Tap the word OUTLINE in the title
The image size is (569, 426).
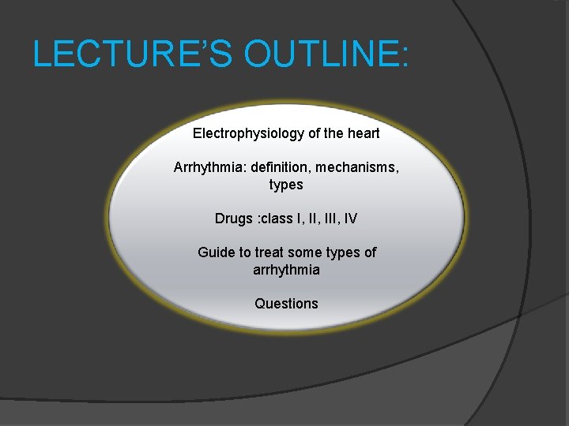pos(319,54)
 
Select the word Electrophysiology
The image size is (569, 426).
pos(248,133)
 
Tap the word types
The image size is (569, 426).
pos(286,185)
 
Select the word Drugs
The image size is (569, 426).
pos(234,219)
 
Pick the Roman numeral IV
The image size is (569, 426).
pos(350,219)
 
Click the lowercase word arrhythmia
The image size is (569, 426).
pos(286,270)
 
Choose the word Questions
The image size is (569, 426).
pos(286,304)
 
